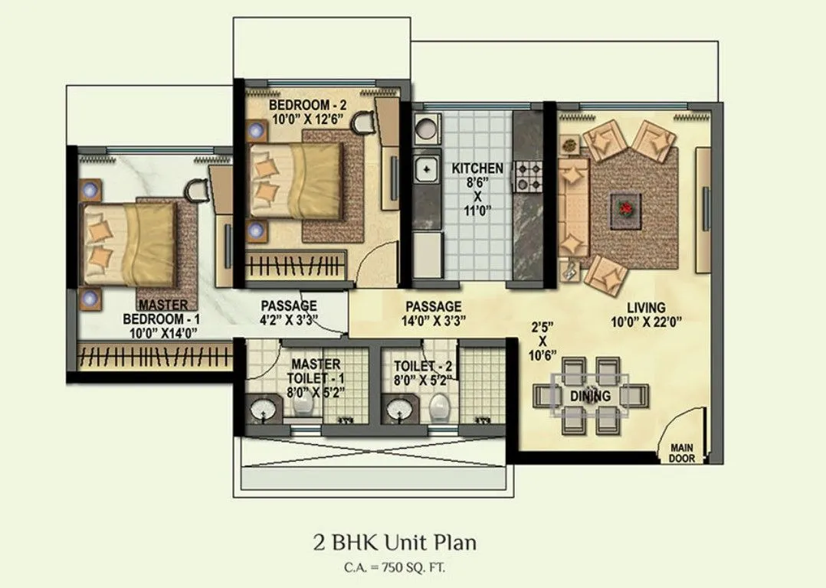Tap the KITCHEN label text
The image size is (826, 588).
(x=477, y=168)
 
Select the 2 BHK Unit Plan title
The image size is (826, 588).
(x=395, y=543)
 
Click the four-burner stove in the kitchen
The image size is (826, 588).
(x=528, y=175)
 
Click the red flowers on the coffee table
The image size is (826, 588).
(x=627, y=207)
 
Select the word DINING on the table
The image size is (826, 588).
(x=590, y=396)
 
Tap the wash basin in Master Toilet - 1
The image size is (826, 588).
(x=264, y=409)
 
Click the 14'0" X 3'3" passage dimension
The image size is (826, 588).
(x=433, y=320)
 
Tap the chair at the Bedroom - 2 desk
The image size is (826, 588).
(x=365, y=117)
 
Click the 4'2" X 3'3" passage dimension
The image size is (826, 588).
(x=288, y=320)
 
